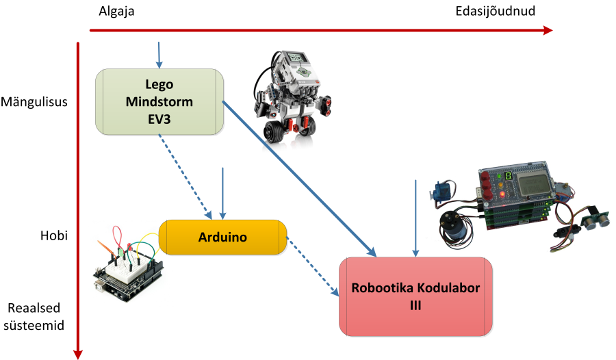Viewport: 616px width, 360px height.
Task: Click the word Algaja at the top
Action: [x=117, y=11]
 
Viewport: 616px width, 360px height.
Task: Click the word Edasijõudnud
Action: [x=495, y=11]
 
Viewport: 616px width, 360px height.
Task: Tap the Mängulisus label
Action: [x=34, y=103]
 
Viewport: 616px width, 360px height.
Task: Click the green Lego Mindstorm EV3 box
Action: [x=159, y=101]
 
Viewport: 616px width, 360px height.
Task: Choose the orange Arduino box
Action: [x=222, y=237]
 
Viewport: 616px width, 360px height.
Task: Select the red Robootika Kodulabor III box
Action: [x=415, y=296]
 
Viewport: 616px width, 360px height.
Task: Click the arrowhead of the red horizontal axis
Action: [x=548, y=30]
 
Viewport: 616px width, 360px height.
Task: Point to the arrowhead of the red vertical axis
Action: [x=78, y=353]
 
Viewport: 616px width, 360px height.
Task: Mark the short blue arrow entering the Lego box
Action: [x=159, y=55]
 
